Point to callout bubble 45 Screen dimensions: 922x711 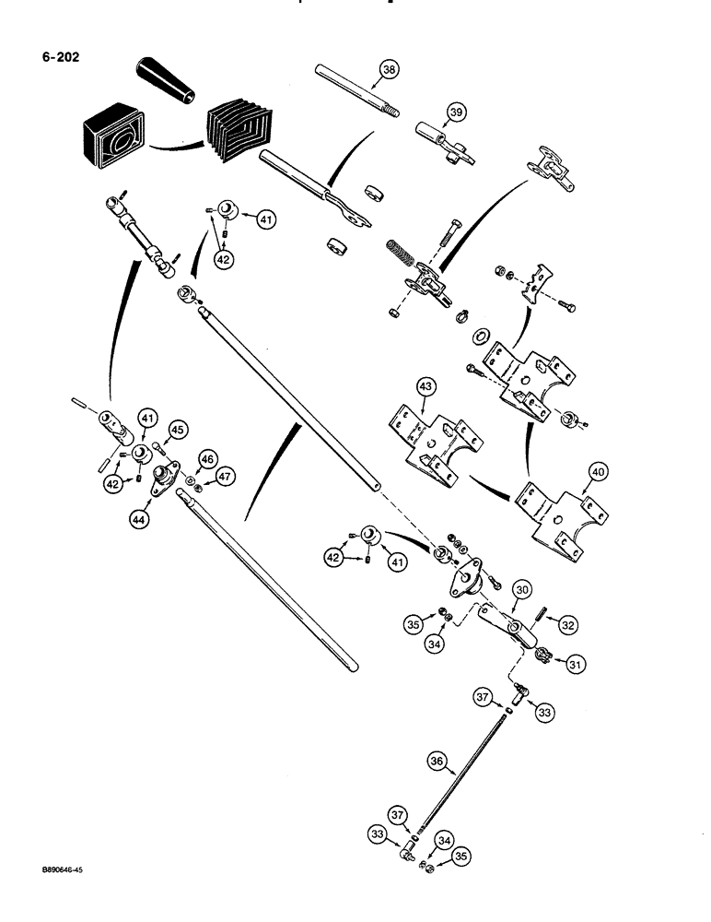(178, 429)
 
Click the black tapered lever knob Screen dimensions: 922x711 (166, 78)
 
